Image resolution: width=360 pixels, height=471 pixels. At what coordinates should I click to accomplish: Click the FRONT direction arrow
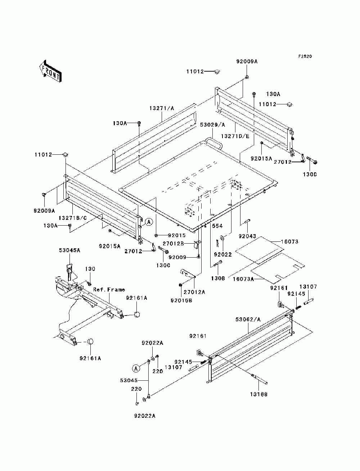[x=51, y=71]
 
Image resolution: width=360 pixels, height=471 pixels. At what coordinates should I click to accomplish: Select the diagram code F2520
[x=305, y=56]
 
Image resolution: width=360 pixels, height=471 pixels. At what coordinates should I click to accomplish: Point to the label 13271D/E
[x=235, y=136]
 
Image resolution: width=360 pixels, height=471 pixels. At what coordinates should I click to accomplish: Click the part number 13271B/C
[x=73, y=218]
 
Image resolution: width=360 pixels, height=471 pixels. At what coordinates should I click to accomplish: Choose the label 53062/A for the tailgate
[x=248, y=320]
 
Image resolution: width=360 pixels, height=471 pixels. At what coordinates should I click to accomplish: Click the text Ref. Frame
[x=109, y=289]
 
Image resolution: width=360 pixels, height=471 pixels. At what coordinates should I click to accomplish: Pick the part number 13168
[x=259, y=394]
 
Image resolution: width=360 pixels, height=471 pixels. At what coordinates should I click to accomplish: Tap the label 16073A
[x=243, y=279]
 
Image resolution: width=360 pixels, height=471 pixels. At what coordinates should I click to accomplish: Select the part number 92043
[x=247, y=236]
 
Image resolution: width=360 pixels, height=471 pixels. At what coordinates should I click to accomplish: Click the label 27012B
[x=173, y=244]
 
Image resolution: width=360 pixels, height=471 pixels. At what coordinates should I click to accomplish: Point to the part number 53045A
[x=69, y=250]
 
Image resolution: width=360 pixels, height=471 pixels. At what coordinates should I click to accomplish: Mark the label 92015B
[x=181, y=300]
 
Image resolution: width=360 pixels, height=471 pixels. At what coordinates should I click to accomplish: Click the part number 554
[x=217, y=226]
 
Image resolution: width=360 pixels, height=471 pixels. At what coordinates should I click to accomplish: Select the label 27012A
[x=194, y=292]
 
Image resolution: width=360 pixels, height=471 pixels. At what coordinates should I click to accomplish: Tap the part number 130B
[x=217, y=278]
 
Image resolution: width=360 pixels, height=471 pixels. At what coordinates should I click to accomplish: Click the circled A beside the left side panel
[x=149, y=222]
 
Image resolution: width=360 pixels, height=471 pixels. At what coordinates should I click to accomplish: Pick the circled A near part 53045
[x=136, y=369]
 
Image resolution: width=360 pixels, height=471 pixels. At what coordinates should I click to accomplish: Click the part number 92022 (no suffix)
[x=223, y=254]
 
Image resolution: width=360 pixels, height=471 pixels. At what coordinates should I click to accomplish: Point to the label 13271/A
[x=162, y=108]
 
